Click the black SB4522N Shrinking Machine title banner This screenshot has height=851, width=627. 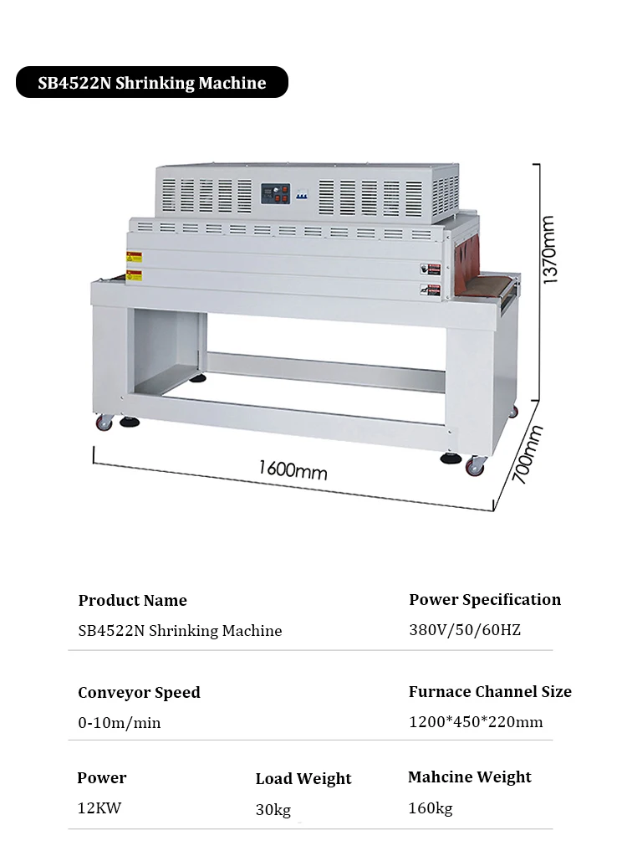pyautogui.click(x=152, y=83)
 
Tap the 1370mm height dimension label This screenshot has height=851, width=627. pyautogui.click(x=548, y=249)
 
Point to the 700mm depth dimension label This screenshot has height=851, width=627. pyautogui.click(x=527, y=454)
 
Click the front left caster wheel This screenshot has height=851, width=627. pyautogui.click(x=104, y=423)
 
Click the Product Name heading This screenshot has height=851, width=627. pyautogui.click(x=132, y=600)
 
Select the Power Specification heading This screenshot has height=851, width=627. pyautogui.click(x=485, y=599)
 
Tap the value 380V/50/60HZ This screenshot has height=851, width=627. pyautogui.click(x=464, y=629)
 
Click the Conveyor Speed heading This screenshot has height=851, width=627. pyautogui.click(x=139, y=692)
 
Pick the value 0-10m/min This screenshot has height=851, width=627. pyautogui.click(x=119, y=722)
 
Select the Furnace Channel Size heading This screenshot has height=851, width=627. pyautogui.click(x=490, y=691)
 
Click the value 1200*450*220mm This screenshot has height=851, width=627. pyautogui.click(x=475, y=721)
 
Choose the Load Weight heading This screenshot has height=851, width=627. pyautogui.click(x=303, y=778)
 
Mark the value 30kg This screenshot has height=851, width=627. pyautogui.click(x=273, y=809)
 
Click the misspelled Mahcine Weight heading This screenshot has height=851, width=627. pyautogui.click(x=470, y=777)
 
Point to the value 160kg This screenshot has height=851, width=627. pyautogui.click(x=431, y=807)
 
